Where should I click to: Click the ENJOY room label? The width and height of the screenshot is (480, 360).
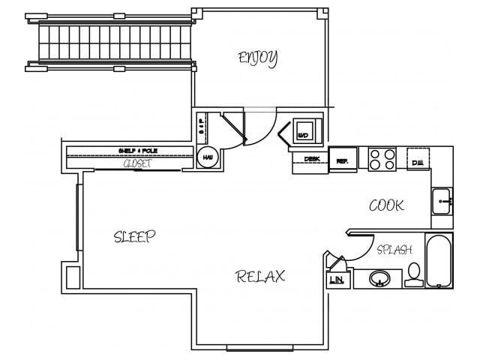pyautogui.click(x=258, y=57)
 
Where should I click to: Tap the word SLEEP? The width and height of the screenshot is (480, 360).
pyautogui.click(x=134, y=237)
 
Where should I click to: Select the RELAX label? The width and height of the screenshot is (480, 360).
pyautogui.click(x=260, y=276)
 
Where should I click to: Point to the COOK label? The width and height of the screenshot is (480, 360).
pyautogui.click(x=386, y=205)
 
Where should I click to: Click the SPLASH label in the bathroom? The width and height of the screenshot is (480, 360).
pyautogui.click(x=394, y=250)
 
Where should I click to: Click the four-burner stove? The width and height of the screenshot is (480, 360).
pyautogui.click(x=382, y=159)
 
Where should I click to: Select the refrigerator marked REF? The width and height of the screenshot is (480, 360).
pyautogui.click(x=342, y=160)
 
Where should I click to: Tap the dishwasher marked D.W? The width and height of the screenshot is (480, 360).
pyautogui.click(x=418, y=159)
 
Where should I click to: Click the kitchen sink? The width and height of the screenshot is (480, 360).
pyautogui.click(x=442, y=201)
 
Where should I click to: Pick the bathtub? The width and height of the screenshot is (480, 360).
pyautogui.click(x=439, y=260)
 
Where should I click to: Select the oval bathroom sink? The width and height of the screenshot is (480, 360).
pyautogui.click(x=379, y=279)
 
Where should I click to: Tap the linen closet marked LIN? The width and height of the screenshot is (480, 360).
pyautogui.click(x=337, y=279)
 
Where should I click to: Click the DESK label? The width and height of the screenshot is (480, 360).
pyautogui.click(x=311, y=159)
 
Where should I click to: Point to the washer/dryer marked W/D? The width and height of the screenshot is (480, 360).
pyautogui.click(x=304, y=131)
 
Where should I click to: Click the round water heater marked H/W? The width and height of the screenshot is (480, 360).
pyautogui.click(x=207, y=157)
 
